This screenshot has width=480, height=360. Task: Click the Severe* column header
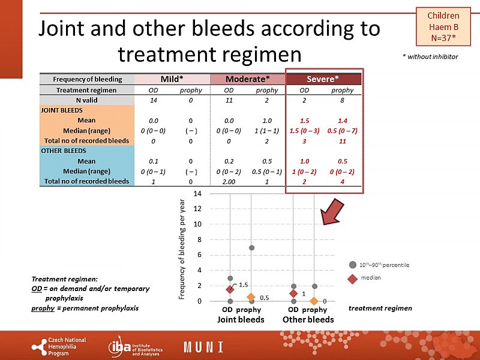click(323, 79)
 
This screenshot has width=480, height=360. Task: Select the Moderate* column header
click(247, 79)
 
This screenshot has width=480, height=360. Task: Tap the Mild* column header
click(172, 79)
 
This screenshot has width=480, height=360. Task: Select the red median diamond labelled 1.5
click(230, 289)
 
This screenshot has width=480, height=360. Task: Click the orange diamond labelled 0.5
click(251, 297)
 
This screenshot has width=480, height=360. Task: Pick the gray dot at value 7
click(251, 248)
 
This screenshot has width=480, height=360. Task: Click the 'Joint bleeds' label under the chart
click(240, 320)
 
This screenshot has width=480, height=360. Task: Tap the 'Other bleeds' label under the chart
click(308, 320)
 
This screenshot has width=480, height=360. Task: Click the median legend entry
click(369, 278)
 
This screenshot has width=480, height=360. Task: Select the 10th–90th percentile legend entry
click(384, 265)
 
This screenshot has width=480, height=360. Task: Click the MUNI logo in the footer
click(203, 347)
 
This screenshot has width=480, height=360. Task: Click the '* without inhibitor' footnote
click(430, 56)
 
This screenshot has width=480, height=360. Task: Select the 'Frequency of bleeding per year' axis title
click(182, 250)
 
